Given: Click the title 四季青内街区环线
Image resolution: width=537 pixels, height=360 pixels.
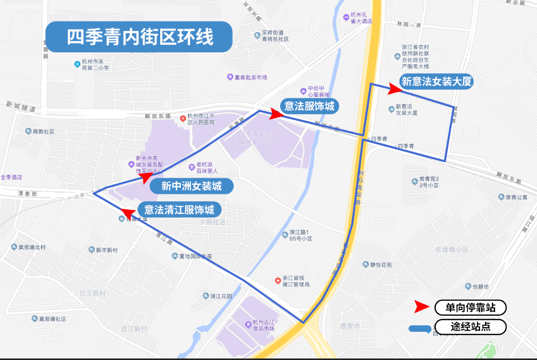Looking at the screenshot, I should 139,37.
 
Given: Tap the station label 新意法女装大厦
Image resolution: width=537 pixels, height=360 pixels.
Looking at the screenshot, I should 437,82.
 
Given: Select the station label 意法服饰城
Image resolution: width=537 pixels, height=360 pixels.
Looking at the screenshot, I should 309,106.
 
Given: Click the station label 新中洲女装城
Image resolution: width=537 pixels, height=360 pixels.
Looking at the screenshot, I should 191,186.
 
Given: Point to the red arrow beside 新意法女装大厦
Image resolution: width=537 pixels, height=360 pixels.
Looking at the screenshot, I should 394,89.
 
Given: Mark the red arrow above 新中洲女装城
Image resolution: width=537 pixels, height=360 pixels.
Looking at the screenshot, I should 145,176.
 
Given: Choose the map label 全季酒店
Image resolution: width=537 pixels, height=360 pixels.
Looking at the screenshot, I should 12,177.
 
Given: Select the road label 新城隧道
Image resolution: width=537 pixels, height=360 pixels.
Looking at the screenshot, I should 21,107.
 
